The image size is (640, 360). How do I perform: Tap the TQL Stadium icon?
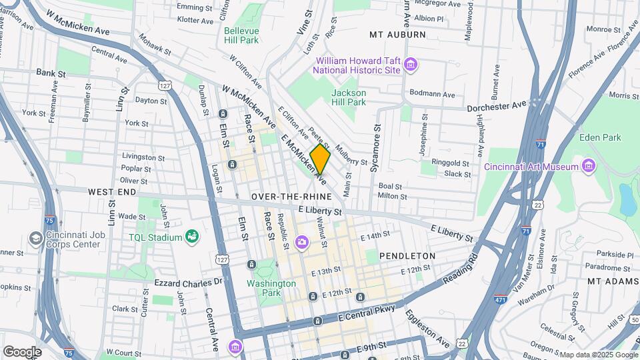192,237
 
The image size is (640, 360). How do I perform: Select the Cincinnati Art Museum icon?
588,165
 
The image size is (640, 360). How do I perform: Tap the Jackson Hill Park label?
349,97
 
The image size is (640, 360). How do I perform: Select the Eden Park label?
599,137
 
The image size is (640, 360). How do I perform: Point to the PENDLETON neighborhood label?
407,256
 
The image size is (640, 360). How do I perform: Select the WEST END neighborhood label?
112,191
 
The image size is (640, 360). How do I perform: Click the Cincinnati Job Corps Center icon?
35,238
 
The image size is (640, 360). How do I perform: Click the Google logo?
22,351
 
